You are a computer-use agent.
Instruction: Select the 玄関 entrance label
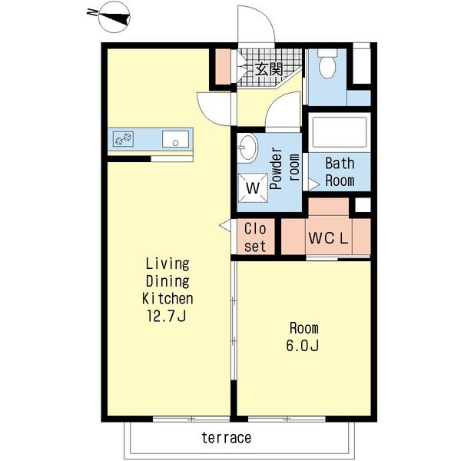269,70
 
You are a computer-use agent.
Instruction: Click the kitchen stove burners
123,139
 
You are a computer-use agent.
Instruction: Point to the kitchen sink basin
175,139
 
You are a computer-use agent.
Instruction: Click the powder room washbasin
247,147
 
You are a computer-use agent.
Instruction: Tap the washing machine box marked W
253,187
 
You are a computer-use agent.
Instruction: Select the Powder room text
284,168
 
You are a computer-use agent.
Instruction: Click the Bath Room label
340,172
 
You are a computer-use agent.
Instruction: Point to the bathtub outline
340,132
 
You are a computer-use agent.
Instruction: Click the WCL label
328,238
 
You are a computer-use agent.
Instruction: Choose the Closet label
255,237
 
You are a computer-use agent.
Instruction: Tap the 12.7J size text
167,317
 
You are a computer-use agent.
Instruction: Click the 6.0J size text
303,346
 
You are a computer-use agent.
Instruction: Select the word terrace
227,437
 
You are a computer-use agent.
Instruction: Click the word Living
167,264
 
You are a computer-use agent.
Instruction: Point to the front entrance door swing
256,25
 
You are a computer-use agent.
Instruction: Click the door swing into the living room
214,109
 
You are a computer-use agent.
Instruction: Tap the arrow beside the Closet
225,226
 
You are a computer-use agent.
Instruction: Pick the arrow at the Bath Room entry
313,185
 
